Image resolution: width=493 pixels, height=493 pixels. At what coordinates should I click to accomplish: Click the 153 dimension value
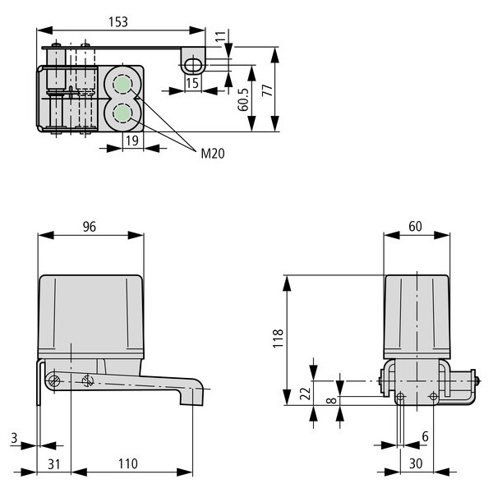[x=118, y=22]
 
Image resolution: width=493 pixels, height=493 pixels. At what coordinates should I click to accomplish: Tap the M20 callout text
[x=213, y=154]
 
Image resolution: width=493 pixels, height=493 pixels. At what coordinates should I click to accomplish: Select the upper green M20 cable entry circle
[x=122, y=84]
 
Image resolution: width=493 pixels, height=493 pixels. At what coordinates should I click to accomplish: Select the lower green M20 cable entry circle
[x=122, y=113]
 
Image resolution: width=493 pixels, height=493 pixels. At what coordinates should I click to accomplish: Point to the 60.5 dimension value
[x=243, y=99]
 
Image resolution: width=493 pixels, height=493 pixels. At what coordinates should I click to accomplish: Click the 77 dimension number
[x=267, y=90]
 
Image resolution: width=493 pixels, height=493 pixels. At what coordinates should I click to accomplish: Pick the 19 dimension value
[x=132, y=141]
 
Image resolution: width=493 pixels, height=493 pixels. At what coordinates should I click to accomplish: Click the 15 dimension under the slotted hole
[x=192, y=83]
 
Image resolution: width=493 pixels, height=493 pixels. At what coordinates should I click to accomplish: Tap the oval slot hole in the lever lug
[x=193, y=65]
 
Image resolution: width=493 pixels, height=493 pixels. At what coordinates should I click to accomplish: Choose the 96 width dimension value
[x=90, y=227]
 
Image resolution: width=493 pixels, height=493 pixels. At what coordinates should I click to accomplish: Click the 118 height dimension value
[x=279, y=339]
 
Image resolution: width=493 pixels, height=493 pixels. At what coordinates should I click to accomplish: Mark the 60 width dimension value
[x=415, y=227]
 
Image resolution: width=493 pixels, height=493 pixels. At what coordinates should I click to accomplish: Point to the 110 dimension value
[x=128, y=463]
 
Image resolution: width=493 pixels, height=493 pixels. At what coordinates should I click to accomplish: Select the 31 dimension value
[x=53, y=464]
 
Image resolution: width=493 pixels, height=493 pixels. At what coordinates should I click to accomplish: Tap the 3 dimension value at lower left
[x=14, y=438]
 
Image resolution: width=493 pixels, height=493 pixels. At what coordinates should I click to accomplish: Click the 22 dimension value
[x=306, y=394]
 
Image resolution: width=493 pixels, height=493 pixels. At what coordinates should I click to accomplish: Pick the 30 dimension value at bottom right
[x=416, y=463]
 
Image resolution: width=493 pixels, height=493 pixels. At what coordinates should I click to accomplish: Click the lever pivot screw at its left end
[x=54, y=381]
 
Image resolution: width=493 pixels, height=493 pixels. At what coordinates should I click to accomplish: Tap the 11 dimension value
[x=221, y=36]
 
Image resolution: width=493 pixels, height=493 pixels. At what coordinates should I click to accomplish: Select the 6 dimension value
[x=425, y=436]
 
